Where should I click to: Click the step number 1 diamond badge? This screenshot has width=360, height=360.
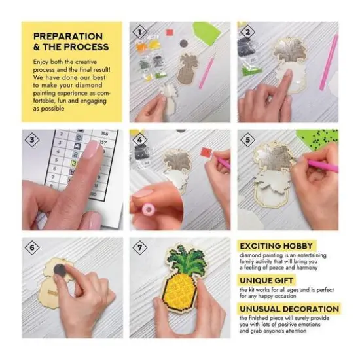(x=139, y=31)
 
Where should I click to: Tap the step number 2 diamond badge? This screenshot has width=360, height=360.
(x=247, y=31)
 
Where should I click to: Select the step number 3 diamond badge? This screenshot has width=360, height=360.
(x=31, y=139)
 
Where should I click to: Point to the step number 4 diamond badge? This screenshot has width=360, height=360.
(x=139, y=139)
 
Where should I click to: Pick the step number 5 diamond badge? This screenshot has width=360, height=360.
(x=247, y=139)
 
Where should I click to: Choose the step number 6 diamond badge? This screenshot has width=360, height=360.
(x=31, y=247)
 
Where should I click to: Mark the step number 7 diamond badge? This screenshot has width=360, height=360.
(x=139, y=247)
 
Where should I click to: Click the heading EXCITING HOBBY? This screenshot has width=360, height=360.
(x=278, y=245)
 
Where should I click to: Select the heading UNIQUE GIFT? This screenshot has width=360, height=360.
(x=268, y=280)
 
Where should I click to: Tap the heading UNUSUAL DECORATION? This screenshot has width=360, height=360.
(x=289, y=308)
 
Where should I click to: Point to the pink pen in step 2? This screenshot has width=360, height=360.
(x=329, y=62)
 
